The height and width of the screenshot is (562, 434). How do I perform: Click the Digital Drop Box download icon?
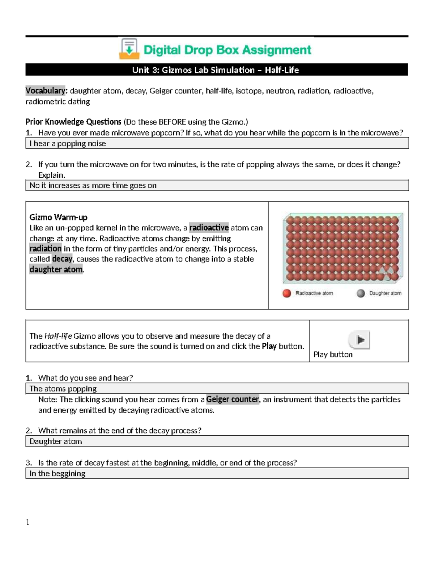pos(129,49)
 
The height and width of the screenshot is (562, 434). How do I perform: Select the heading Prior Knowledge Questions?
pos(73,122)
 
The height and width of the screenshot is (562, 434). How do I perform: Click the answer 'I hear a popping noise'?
pos(68,144)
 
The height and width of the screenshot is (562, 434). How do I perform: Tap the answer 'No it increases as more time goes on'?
pos(93,186)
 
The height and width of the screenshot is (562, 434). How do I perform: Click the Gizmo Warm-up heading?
pos(58,217)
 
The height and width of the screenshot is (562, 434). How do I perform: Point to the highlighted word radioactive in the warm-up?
pos(209,228)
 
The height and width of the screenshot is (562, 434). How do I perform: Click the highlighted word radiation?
pos(46,249)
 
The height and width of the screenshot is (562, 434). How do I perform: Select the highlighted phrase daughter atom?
pos(56,269)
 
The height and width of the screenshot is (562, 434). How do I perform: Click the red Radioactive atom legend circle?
pos(287,293)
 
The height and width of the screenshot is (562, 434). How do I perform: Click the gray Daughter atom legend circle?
pos(361,293)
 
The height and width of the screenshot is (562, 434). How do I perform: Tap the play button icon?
pos(359,340)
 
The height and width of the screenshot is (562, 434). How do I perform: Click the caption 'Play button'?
pos(333,355)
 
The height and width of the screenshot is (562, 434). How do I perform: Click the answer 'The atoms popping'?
pos(63,389)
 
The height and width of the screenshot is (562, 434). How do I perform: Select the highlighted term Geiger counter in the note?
pos(233,399)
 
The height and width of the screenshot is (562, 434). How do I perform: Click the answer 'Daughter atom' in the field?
pos(56,441)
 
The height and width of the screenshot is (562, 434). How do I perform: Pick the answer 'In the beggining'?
pos(57,474)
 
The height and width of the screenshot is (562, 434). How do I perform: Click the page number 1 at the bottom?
pos(27,522)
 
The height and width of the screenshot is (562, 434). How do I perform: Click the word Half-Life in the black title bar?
pos(282,70)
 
